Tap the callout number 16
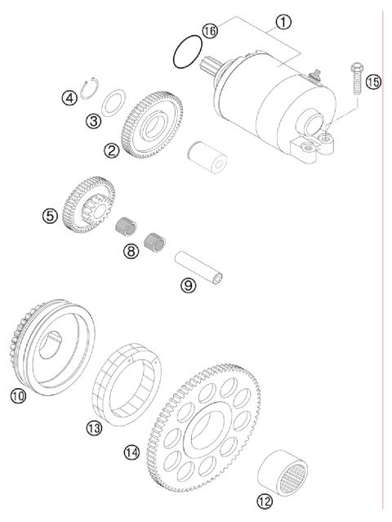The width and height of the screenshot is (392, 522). click(211, 30)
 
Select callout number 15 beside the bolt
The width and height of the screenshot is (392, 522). click(373, 82)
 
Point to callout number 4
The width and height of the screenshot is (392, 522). click(70, 97)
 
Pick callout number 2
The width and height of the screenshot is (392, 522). click(112, 149)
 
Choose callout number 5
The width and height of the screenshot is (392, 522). click(51, 216)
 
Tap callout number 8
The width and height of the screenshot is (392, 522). click(131, 252)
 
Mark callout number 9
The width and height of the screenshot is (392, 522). click(189, 286)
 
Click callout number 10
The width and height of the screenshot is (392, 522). click(18, 396)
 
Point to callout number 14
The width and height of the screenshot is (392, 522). click(131, 452)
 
